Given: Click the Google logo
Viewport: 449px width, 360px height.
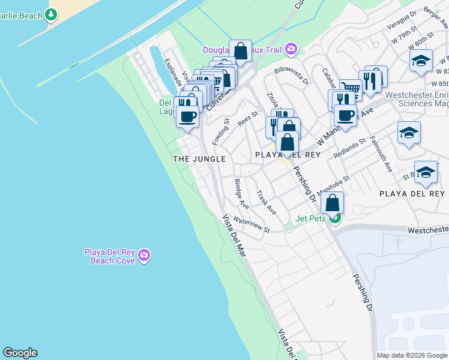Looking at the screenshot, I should (x=20, y=353).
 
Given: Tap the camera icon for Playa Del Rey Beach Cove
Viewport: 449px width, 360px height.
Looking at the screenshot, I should (x=143, y=256).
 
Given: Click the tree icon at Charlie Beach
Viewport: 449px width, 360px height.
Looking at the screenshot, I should (x=52, y=13).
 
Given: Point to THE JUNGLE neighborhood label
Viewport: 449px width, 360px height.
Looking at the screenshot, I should (x=199, y=159).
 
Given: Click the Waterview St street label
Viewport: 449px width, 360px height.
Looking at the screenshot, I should (x=252, y=225).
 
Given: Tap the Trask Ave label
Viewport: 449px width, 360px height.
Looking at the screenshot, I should (x=266, y=203).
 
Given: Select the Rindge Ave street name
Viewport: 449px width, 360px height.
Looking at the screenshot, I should (x=241, y=193).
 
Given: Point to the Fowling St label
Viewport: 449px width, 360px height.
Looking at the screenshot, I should (x=221, y=131).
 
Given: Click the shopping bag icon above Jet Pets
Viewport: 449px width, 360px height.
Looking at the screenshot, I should (x=333, y=203).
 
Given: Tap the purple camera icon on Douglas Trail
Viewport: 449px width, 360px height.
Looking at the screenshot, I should (x=291, y=48).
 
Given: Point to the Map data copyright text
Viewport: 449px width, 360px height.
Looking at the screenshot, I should (x=411, y=355).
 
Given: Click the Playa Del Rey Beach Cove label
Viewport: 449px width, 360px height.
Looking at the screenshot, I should (x=109, y=256).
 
